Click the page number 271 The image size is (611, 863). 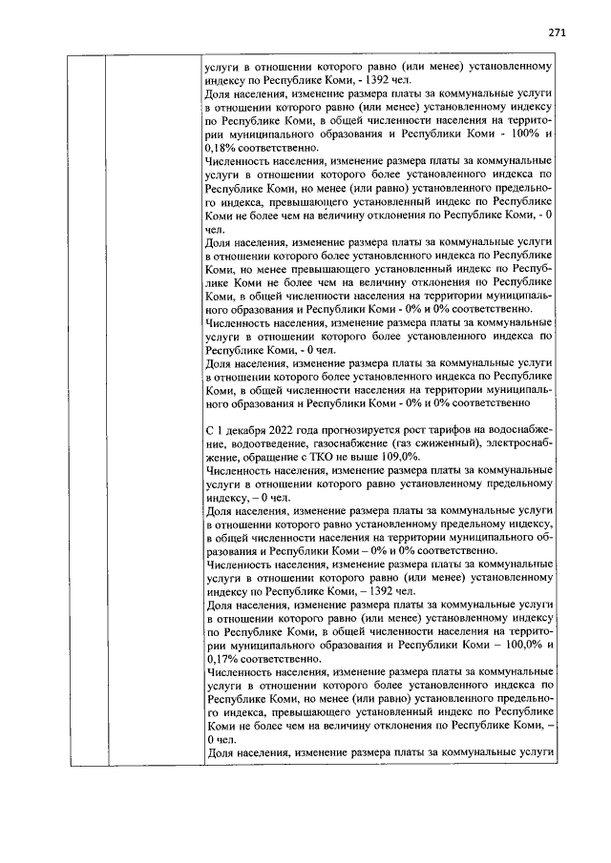(558, 31)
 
